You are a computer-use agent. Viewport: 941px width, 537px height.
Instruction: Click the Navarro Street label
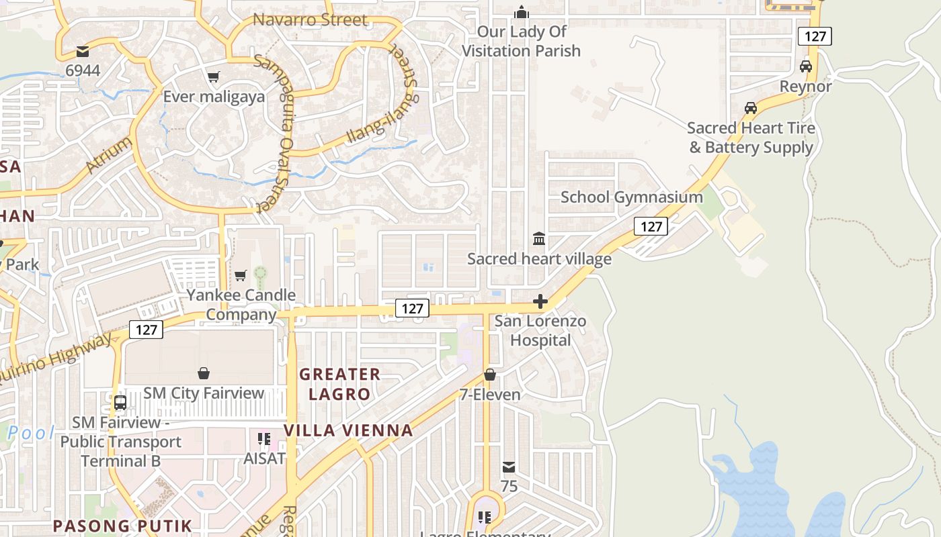point(310,20)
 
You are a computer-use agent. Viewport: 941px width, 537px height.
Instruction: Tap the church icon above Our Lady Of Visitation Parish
point(521,12)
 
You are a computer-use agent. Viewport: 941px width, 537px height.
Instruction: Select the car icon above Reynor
point(805,66)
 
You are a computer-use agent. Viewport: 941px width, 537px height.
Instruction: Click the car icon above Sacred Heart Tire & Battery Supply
point(751,108)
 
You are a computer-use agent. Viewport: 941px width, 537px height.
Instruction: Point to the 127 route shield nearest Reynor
point(815,36)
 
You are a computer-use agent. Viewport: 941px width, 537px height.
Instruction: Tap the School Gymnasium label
point(631,197)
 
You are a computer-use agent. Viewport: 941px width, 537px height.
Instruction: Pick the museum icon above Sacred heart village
point(539,239)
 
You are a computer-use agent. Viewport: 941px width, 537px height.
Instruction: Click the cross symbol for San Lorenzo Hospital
point(540,301)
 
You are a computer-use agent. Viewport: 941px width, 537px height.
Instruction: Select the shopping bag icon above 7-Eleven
point(490,375)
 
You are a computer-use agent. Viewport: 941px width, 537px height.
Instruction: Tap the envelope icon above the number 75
point(509,467)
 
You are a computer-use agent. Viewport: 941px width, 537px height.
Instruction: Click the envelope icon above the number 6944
point(83,51)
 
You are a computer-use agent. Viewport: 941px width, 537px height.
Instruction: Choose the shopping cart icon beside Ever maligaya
point(213,77)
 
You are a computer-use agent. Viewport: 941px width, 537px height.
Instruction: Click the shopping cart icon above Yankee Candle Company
point(240,275)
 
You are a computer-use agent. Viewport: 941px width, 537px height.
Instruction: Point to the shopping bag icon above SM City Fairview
point(204,373)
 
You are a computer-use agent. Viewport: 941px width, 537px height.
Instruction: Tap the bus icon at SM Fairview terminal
point(120,403)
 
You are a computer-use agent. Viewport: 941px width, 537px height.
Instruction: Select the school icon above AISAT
point(264,439)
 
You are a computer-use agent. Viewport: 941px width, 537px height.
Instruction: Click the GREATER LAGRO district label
point(339,384)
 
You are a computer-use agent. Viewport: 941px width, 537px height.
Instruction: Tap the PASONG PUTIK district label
point(122,526)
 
